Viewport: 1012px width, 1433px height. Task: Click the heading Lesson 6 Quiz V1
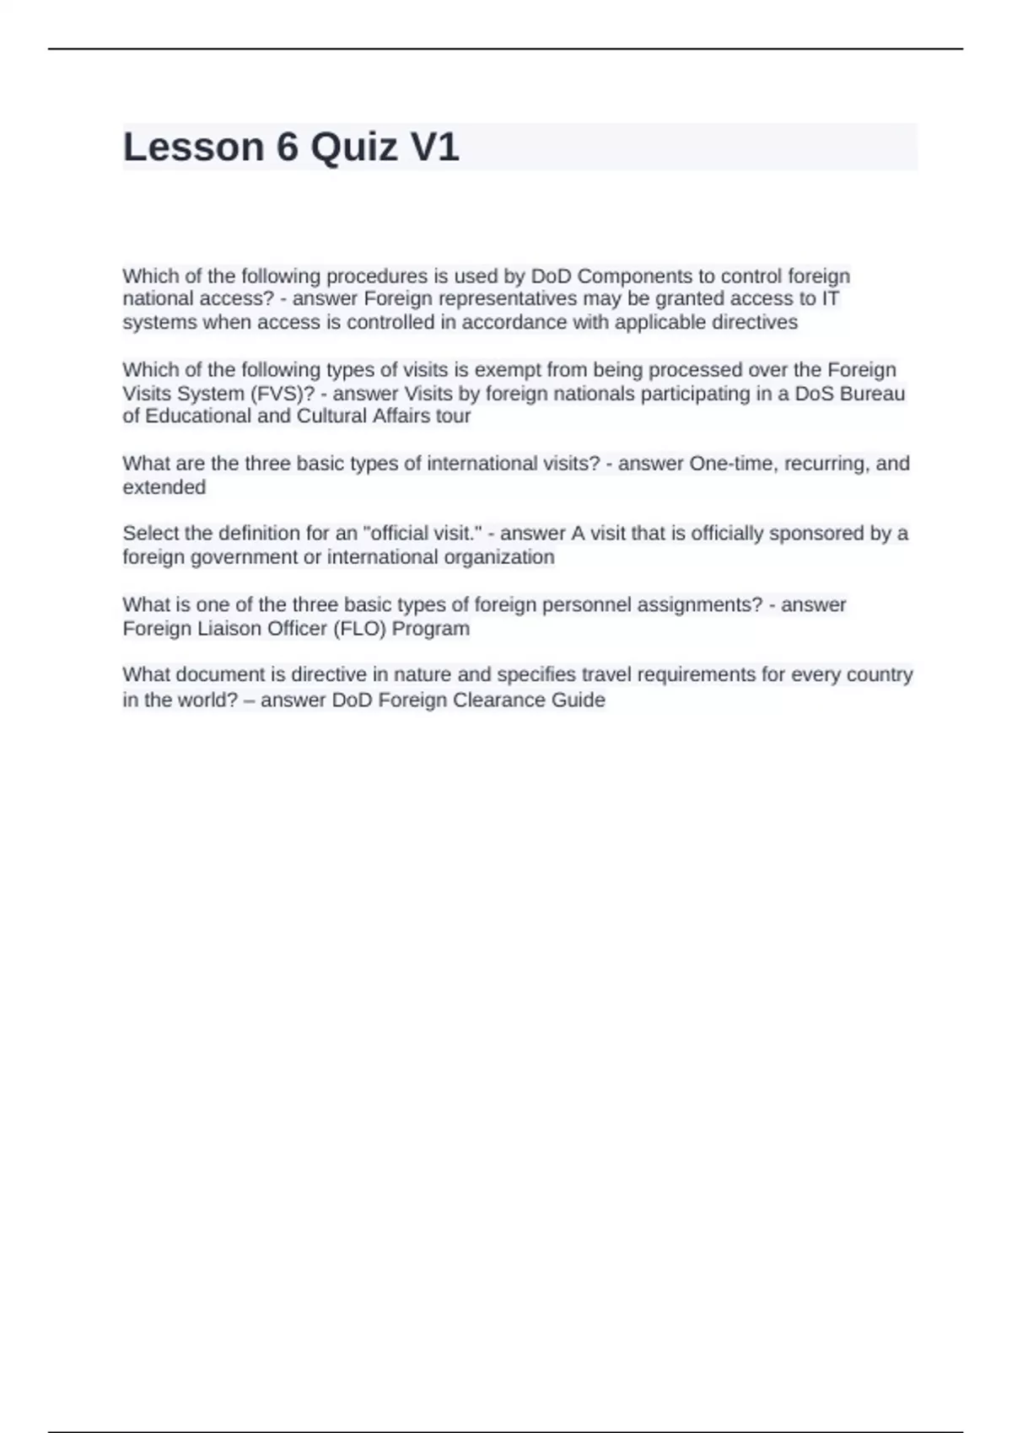[291, 148]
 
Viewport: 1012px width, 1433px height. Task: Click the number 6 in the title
[287, 148]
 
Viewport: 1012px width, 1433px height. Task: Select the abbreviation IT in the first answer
[830, 299]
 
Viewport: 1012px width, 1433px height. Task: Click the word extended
[164, 487]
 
